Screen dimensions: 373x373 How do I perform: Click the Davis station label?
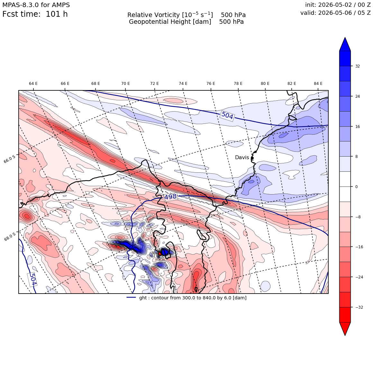[242, 158]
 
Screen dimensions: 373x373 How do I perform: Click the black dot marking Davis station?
[252, 158]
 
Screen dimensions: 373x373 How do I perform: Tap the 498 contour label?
[170, 197]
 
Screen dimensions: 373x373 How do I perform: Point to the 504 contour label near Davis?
[227, 115]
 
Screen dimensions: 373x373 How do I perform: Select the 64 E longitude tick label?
[33, 84]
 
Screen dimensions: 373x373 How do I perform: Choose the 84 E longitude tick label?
[318, 84]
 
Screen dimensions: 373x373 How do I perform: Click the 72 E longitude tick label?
[154, 84]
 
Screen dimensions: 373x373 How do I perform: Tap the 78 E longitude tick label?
[238, 84]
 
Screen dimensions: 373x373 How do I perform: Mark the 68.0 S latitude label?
[10, 237]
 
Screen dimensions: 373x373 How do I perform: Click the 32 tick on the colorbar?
[358, 66]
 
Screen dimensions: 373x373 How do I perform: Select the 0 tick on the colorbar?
[356, 187]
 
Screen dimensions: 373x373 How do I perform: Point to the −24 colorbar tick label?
[359, 277]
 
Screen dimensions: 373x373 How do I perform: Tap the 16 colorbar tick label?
[358, 127]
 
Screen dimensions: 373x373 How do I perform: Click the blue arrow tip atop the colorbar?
[345, 38]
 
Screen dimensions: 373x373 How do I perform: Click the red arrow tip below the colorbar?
[345, 335]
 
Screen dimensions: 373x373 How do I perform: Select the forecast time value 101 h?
[57, 14]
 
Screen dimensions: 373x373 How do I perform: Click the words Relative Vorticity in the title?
[153, 15]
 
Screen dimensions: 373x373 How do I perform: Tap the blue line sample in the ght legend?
[131, 297]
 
